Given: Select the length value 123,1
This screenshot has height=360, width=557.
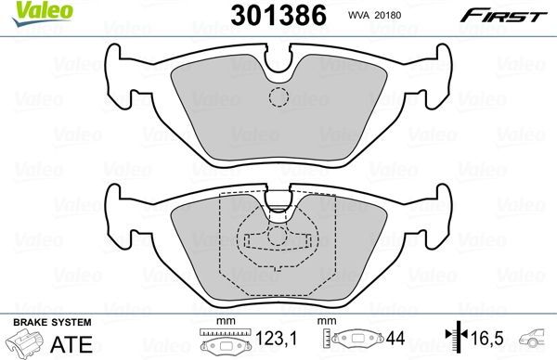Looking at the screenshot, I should click(x=270, y=341).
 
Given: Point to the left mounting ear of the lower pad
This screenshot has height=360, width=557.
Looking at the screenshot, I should click(x=120, y=210).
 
